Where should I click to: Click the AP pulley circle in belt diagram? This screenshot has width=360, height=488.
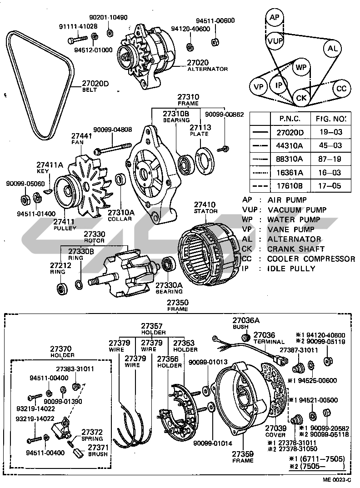coord(274,18)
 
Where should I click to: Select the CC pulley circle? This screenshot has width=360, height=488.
coord(341,89)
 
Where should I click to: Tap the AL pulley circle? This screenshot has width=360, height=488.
coord(333,49)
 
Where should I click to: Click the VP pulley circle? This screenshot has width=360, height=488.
coord(259,86)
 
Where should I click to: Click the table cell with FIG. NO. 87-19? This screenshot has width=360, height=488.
coord(329,159)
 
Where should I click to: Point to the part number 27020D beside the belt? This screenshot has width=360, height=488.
coord(96,84)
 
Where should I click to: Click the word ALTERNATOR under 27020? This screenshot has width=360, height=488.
coord(207,69)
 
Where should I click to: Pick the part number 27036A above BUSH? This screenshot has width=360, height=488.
coord(246,320)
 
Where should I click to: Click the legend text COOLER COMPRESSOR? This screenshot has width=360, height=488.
coord(311,259)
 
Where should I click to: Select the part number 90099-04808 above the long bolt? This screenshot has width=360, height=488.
coord(113,129)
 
